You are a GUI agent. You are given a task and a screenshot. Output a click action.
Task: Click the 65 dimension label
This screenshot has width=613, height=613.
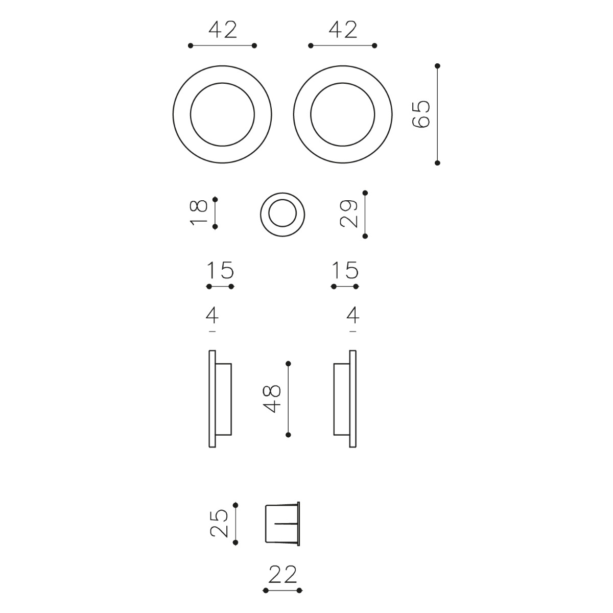[421, 114]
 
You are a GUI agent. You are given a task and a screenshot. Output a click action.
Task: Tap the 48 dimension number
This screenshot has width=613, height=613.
[272, 399]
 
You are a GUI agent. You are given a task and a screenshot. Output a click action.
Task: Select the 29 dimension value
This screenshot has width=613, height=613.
[349, 214]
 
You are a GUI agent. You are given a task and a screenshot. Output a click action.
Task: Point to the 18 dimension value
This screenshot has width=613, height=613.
[199, 213]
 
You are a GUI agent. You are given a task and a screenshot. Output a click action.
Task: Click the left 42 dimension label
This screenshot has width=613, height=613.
[223, 30]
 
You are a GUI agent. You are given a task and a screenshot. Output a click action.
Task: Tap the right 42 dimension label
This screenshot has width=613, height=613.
[343, 30]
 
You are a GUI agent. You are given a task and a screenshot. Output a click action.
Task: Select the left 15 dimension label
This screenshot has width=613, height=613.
[220, 270]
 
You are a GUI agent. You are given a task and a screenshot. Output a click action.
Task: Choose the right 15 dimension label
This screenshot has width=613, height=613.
[345, 270]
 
